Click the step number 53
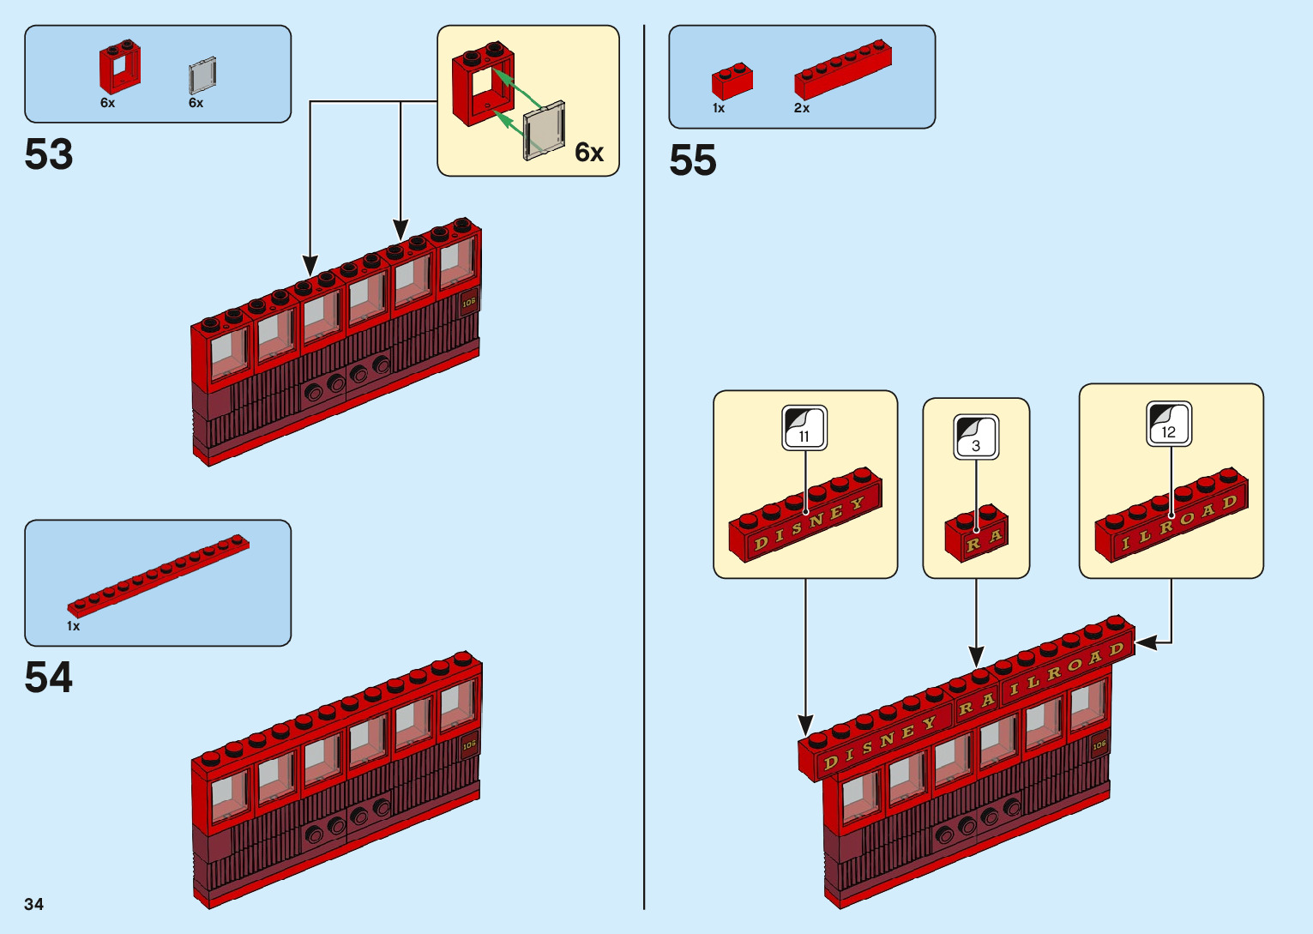pos(49,155)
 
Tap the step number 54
pos(49,678)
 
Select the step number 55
pos(693,160)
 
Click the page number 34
pos(34,904)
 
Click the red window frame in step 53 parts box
pos(119,68)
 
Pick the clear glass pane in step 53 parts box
pos(202,75)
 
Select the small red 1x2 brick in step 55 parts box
pos(732,81)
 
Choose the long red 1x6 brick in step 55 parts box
pos(842,69)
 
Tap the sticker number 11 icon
pos(804,428)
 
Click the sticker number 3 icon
pos(976,437)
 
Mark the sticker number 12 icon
pos(1169,424)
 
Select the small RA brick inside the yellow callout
pos(977,534)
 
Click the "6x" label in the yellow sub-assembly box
pos(589,153)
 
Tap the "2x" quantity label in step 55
pos(802,108)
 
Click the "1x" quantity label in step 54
pos(74,626)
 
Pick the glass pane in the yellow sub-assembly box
pos(545,130)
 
